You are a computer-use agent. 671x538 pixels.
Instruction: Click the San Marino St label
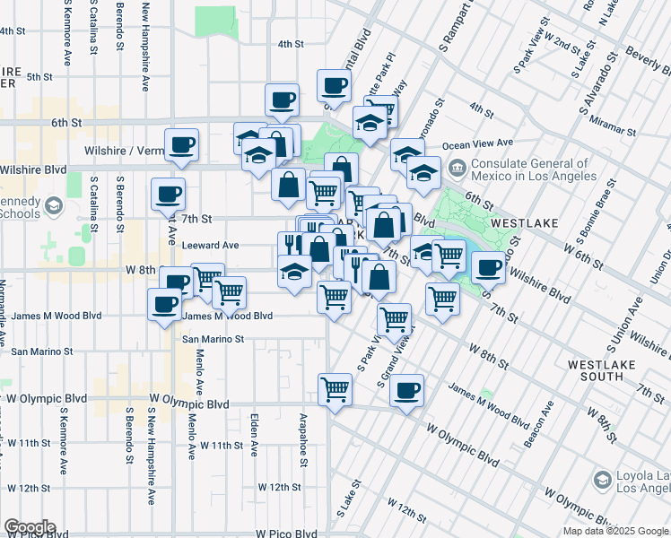213,339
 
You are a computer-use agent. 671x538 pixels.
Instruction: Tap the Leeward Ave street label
210,245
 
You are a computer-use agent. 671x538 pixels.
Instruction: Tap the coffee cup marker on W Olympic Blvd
407,390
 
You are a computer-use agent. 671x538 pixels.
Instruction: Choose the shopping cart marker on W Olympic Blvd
335,389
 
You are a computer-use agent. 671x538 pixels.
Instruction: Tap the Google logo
30,527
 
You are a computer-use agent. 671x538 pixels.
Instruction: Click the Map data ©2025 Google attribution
614,531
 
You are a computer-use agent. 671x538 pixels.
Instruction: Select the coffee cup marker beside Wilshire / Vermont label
182,144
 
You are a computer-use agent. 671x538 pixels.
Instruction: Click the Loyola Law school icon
601,482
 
